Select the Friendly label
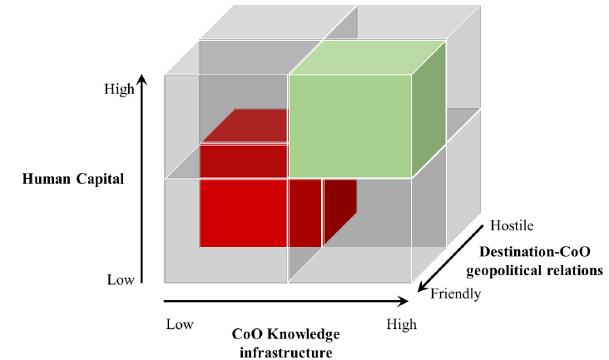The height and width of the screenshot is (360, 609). pos(455,293)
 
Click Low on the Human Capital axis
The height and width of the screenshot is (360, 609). pos(121,280)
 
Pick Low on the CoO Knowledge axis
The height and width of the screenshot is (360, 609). pos(180,323)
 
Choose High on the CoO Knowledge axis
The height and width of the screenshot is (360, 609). pos(402,324)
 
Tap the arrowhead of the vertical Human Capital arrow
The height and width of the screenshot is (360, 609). pos(142,79)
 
